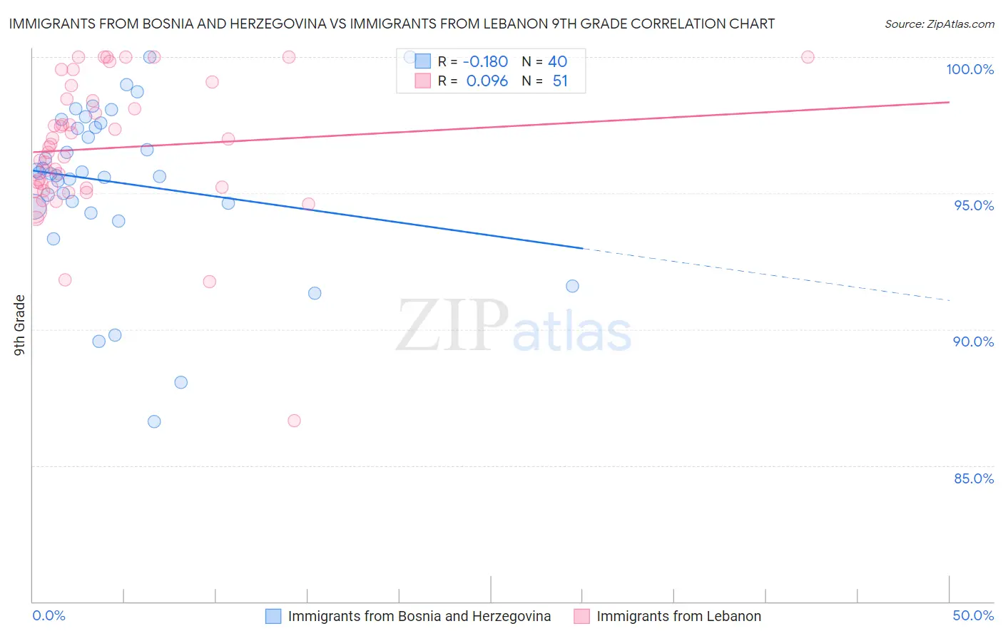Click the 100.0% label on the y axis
point(969,69)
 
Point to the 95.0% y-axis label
point(974,205)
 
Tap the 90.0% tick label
point(974,342)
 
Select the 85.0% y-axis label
point(974,478)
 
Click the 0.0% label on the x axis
point(49,615)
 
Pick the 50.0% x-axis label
point(973,615)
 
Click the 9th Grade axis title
point(19,325)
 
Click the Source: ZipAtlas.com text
point(939,24)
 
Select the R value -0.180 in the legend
point(485,62)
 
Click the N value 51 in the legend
point(560,81)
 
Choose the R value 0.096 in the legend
point(487,81)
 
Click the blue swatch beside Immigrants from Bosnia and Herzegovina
point(273,616)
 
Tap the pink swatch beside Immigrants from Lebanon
point(581,616)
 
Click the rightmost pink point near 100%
point(808,57)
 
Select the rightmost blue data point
point(572,286)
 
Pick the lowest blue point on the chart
point(154,421)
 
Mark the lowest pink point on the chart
point(294,421)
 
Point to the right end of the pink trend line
point(949,102)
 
